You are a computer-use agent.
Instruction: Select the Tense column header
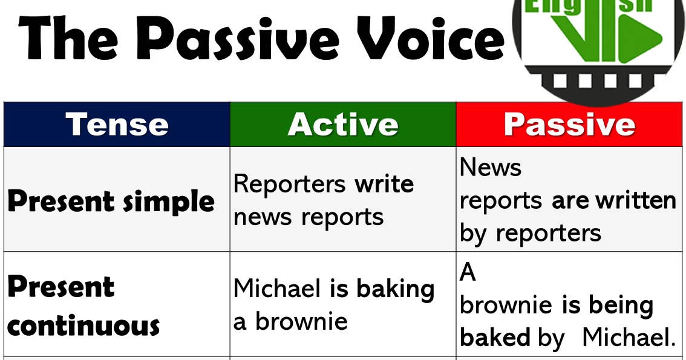tap(117, 124)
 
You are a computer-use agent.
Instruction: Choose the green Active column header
tap(343, 124)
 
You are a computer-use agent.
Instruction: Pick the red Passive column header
tap(569, 124)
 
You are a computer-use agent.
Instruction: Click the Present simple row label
tap(111, 201)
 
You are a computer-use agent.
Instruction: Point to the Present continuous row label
tap(83, 306)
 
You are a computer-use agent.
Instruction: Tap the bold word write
tap(384, 183)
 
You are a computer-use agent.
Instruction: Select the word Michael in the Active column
tap(278, 289)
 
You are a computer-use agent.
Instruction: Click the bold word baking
tap(396, 289)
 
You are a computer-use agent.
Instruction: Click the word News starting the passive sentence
tap(491, 167)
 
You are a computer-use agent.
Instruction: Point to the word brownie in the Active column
tap(301, 321)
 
